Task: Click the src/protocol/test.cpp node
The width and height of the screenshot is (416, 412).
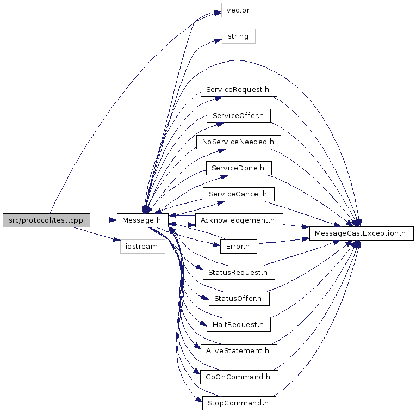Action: (46, 220)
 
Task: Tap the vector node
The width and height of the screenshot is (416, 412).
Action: (238, 10)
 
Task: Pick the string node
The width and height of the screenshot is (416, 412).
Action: (238, 36)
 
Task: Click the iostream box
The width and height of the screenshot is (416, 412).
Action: (142, 247)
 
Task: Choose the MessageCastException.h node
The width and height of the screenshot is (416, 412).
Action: (362, 233)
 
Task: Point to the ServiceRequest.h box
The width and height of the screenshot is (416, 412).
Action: (238, 89)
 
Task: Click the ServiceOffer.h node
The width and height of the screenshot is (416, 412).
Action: (238, 115)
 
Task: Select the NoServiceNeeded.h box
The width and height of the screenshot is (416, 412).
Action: (238, 142)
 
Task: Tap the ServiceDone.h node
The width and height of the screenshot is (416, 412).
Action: (238, 168)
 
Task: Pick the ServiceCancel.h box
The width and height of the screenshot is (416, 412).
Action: (238, 194)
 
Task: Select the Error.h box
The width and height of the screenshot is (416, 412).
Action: (238, 247)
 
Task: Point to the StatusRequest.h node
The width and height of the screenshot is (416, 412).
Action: (238, 272)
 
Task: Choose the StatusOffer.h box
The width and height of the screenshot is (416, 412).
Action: (238, 298)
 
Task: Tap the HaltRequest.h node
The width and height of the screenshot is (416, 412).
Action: (238, 324)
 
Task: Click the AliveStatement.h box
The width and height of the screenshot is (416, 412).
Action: (238, 351)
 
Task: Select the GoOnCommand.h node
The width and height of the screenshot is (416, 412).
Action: (238, 377)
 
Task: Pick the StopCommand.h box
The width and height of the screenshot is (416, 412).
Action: (238, 403)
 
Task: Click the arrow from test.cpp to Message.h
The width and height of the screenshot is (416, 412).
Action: (103, 220)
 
